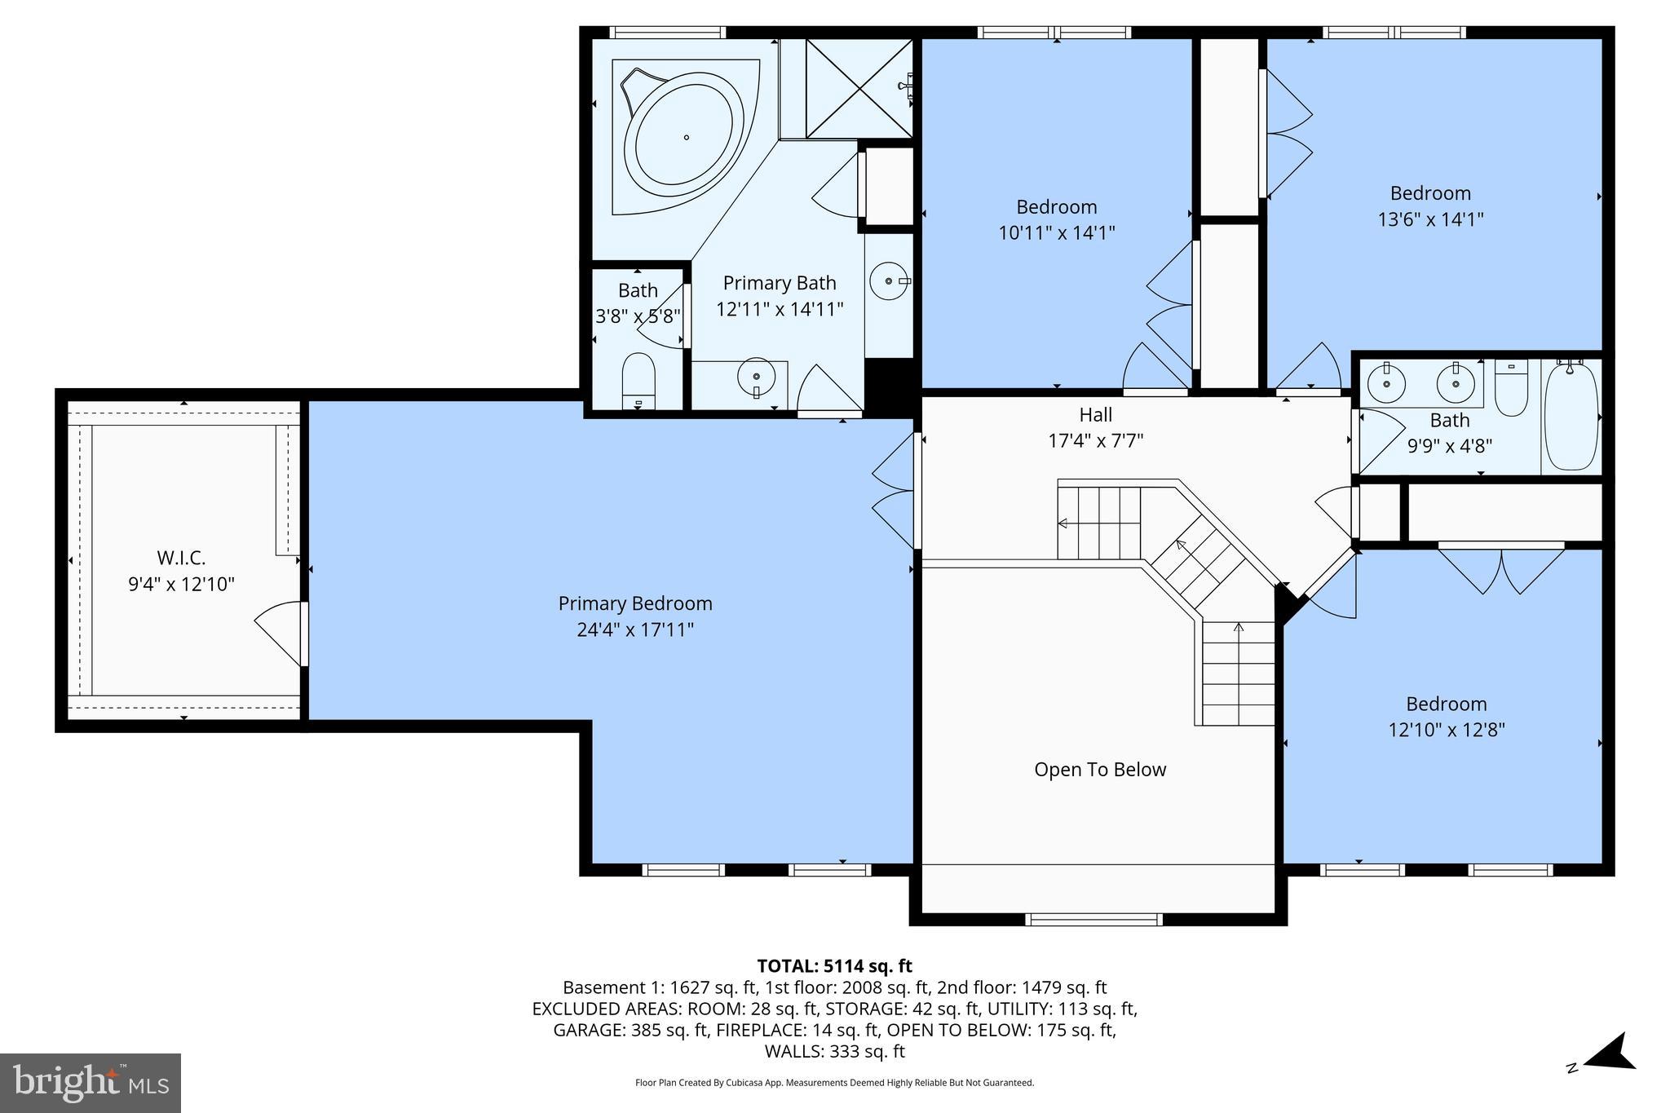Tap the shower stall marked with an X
[858, 88]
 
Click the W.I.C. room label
[181, 559]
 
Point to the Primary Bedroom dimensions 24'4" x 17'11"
[635, 629]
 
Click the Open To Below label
[1100, 770]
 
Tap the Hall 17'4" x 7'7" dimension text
[1095, 441]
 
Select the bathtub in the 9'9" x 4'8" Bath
[1571, 417]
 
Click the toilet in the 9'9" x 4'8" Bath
[1511, 390]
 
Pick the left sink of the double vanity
[1384, 384]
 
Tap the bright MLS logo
[91, 1083]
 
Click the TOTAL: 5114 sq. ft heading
[834, 966]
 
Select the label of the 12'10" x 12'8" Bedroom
[1446, 704]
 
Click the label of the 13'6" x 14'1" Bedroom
[1430, 193]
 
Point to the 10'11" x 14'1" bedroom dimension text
[1056, 233]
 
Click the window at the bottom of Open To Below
[1093, 920]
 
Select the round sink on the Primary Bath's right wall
[888, 281]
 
